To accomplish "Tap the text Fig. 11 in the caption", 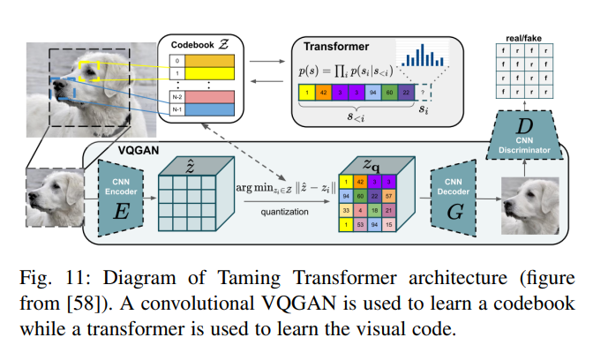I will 49,280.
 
